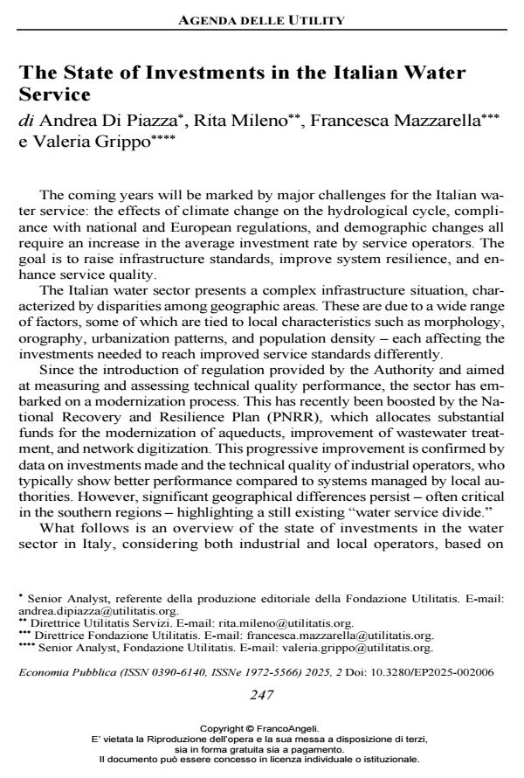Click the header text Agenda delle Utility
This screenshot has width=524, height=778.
tap(262, 18)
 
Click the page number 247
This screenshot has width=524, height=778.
tap(261, 695)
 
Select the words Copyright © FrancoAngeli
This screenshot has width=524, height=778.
tap(261, 727)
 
